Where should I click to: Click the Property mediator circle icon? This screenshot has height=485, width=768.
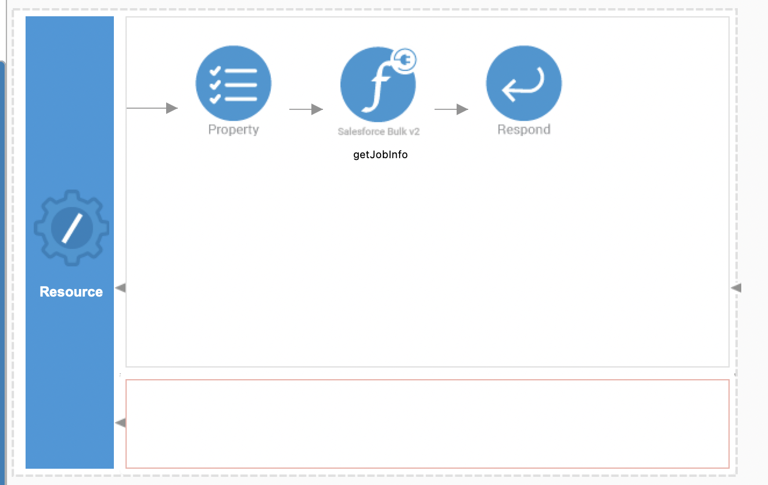click(x=234, y=83)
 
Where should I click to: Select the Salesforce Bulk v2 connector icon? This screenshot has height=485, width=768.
click(x=378, y=84)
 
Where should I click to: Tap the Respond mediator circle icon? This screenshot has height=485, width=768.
click(x=524, y=83)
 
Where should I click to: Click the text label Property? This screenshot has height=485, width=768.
click(x=234, y=130)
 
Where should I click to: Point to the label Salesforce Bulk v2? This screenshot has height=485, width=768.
click(x=379, y=131)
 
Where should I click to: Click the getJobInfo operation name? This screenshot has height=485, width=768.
click(x=381, y=155)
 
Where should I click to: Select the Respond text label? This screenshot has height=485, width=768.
click(x=524, y=130)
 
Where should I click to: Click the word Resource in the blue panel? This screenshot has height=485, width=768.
click(x=71, y=292)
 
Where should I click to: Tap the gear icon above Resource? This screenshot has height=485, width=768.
click(x=71, y=228)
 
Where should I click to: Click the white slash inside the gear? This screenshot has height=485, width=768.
click(x=72, y=229)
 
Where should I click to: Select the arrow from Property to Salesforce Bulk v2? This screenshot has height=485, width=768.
click(x=306, y=109)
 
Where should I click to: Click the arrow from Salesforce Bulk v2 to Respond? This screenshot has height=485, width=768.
click(x=451, y=109)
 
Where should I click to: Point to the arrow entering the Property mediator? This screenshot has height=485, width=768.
click(x=152, y=108)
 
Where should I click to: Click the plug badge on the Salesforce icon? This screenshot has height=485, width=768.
click(x=404, y=60)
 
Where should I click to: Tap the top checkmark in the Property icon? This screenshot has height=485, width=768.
click(x=215, y=71)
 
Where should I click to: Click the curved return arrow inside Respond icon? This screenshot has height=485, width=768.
click(x=522, y=85)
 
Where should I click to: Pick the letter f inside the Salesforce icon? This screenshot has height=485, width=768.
click(x=377, y=88)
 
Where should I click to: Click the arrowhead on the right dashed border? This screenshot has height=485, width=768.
click(x=736, y=288)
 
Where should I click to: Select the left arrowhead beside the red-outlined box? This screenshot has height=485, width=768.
click(x=120, y=423)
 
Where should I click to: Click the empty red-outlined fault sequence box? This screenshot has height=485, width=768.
click(x=428, y=424)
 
